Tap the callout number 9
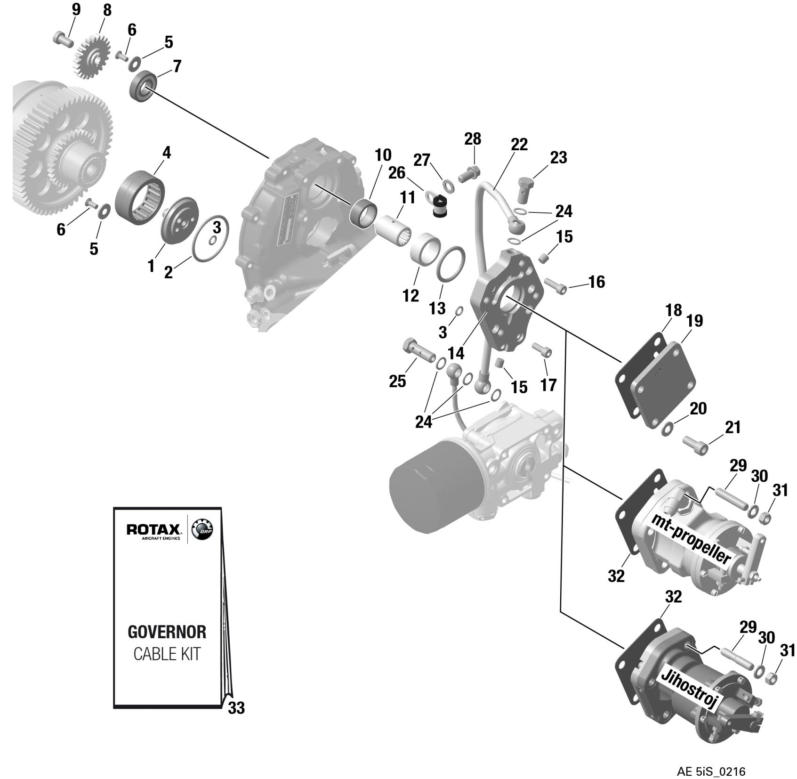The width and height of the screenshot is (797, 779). (75, 9)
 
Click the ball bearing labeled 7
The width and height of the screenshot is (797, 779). (143, 85)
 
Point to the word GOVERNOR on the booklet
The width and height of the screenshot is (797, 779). (167, 632)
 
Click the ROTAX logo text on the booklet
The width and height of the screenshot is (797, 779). (153, 529)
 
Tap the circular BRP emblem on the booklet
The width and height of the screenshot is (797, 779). (203, 530)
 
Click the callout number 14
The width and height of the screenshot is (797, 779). (456, 353)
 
